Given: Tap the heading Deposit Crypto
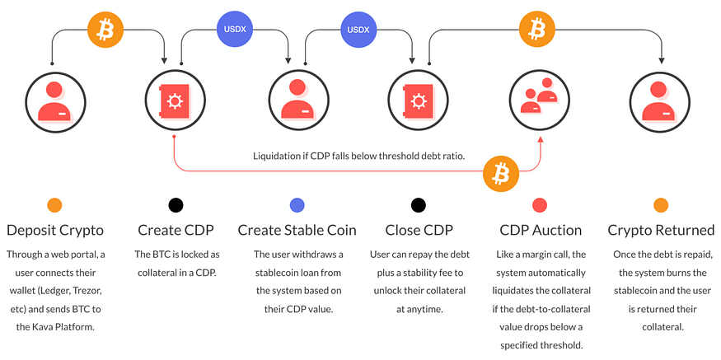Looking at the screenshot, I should click(x=54, y=230).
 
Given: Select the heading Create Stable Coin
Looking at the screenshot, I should click(x=297, y=230).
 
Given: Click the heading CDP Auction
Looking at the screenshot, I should click(x=541, y=230).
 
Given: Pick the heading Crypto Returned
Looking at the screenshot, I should click(x=661, y=230).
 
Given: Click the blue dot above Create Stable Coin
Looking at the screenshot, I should click(x=297, y=205).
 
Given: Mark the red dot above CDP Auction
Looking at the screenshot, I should click(x=541, y=205).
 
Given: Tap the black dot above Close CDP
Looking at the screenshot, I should click(x=419, y=205).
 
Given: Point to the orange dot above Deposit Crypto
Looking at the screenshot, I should click(x=54, y=205).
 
